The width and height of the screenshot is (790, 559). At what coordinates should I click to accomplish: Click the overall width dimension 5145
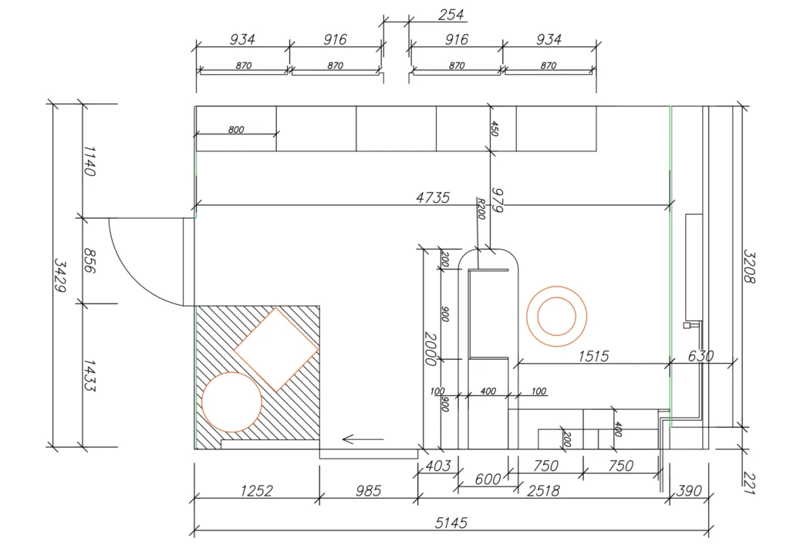(451, 523)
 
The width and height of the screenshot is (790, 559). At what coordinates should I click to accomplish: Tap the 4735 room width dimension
(433, 198)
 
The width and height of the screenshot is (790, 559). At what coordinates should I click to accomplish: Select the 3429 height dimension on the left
(60, 275)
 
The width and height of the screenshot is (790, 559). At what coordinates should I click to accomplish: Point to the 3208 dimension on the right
(749, 266)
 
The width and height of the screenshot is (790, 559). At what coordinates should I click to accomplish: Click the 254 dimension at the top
(451, 15)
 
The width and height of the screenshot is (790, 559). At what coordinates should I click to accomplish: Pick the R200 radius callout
(481, 208)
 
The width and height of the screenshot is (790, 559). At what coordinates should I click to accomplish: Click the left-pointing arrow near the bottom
(363, 439)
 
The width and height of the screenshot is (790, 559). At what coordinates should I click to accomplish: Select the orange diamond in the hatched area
(276, 350)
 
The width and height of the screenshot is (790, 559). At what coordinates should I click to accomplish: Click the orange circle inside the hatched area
(231, 402)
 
